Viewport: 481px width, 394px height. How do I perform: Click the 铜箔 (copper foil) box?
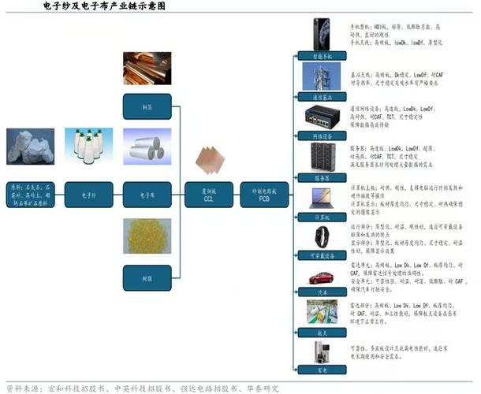point(147,106)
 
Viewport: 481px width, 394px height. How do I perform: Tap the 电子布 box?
point(147,193)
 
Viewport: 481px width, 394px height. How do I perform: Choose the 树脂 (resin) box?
point(147,277)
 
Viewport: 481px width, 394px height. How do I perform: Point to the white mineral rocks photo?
point(30,147)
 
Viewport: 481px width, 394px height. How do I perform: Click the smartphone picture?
point(321,35)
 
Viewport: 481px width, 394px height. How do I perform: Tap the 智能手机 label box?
point(321,57)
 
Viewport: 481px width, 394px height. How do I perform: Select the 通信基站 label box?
point(321,96)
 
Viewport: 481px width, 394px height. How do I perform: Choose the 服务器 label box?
point(321,178)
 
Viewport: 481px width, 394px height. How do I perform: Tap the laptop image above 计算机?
point(321,199)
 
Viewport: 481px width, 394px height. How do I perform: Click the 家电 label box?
point(321,369)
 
